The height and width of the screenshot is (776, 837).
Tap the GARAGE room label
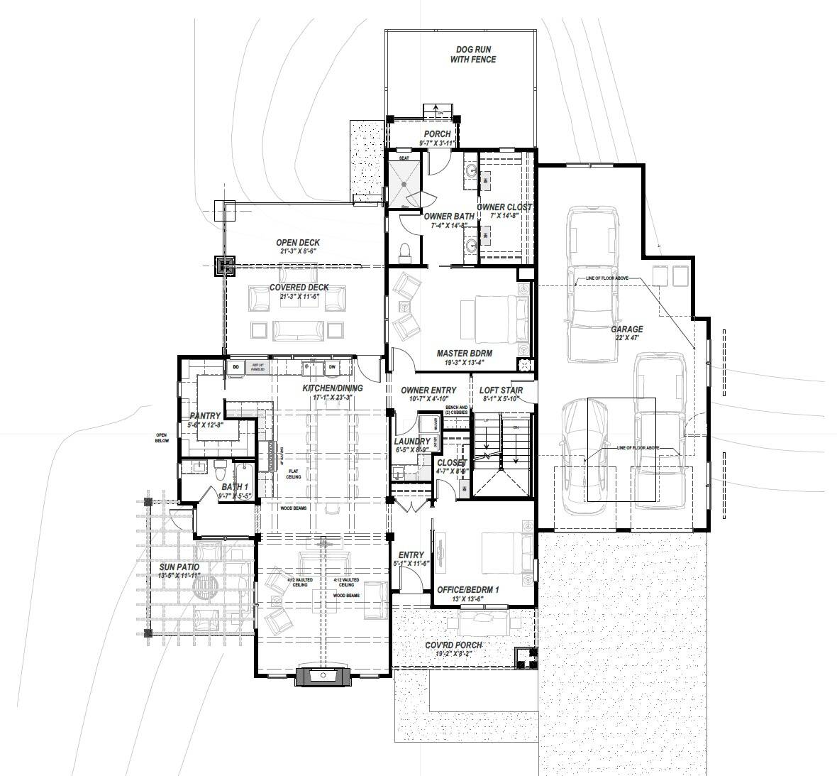click(x=627, y=329)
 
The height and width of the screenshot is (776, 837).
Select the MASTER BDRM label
click(x=464, y=353)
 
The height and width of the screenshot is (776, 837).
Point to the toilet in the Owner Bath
click(x=406, y=250)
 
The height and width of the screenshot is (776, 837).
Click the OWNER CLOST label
click(x=504, y=207)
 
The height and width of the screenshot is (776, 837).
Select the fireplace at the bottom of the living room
click(x=323, y=675)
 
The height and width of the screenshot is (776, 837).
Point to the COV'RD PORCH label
click(x=453, y=645)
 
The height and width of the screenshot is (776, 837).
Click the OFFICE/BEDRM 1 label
click(x=468, y=589)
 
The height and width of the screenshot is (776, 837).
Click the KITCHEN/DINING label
click(x=332, y=388)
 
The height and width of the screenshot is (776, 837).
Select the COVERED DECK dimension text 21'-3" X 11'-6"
click(x=299, y=296)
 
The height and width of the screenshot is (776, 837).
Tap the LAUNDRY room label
click(x=411, y=442)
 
